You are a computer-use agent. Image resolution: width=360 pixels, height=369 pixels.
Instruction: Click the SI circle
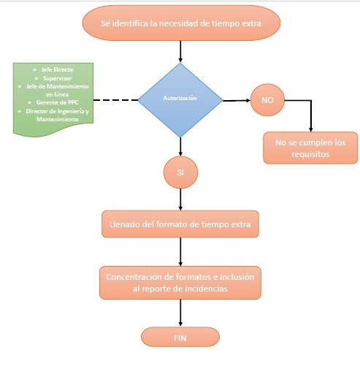coord(180,172)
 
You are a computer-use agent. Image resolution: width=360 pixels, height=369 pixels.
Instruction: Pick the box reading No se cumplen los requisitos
coord(310,148)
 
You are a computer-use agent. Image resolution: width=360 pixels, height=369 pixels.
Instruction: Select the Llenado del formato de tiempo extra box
coord(180,224)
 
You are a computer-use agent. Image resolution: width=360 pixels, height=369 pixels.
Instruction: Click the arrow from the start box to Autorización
coord(180,51)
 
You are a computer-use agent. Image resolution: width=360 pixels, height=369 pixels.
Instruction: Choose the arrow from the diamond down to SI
coord(180,146)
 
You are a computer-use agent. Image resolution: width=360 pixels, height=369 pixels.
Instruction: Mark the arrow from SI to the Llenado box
coord(180,199)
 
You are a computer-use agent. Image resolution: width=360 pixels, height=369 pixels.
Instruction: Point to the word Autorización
coord(180,97)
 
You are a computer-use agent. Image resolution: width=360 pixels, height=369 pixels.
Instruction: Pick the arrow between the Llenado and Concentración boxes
coord(180,251)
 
